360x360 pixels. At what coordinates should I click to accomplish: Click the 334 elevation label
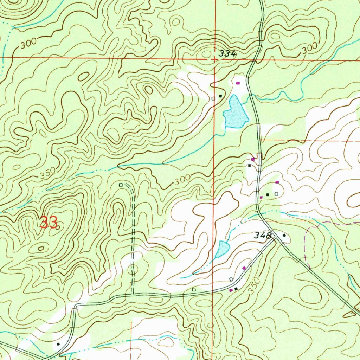tap(227, 54)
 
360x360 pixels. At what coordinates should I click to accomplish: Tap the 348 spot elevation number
tap(264, 236)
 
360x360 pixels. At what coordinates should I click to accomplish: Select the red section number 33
tap(49, 223)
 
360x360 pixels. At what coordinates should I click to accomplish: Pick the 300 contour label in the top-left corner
tap(28, 44)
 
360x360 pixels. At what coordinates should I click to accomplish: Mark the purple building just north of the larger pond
tap(238, 83)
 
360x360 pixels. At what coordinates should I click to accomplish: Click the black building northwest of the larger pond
tap(220, 96)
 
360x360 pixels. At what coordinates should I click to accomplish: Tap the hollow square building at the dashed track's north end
tap(121, 185)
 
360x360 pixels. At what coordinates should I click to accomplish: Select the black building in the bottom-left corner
tap(58, 343)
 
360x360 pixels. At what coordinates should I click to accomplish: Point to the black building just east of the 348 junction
tap(284, 236)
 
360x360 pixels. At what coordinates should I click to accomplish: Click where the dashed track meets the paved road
tap(133, 294)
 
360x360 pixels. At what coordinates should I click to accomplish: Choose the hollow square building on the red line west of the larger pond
tap(213, 98)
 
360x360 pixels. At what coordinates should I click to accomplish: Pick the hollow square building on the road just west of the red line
tap(194, 289)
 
